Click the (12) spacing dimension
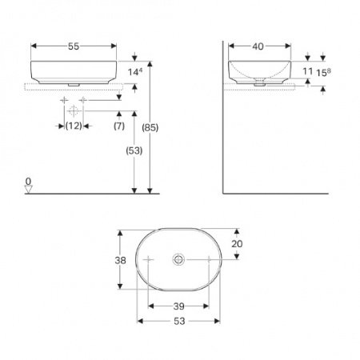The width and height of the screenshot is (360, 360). [x=73, y=126]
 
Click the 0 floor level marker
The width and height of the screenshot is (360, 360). [x=28, y=182]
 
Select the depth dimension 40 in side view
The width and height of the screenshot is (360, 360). [x=258, y=46]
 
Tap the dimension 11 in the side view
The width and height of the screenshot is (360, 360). [x=308, y=71]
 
